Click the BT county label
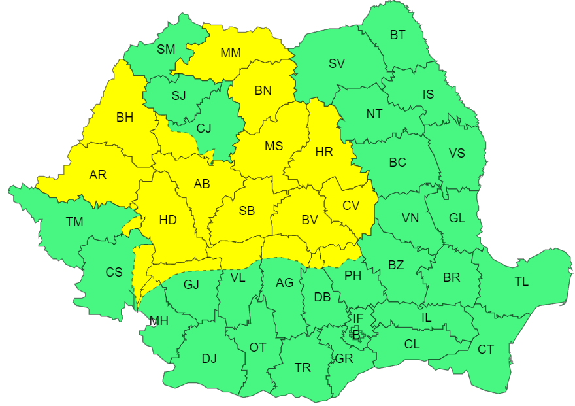pos(397,35)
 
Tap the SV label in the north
pos(337,63)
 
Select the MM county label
pos(231,52)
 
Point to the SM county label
pos(166,49)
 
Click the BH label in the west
pos(125,118)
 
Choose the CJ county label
pos(204,128)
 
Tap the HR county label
pos(324,152)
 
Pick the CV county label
pos(351,205)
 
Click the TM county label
pos(74,222)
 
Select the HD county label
pos(168,220)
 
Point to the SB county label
pos(247,211)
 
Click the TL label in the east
pos(521,282)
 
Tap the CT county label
pos(485,350)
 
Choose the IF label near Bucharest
pos(357,318)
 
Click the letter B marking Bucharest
pos(356,335)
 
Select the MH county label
pos(159,321)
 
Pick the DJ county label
pos(209,358)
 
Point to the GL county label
pos(457,218)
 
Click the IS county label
pos(428,94)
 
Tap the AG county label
pos(285,282)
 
